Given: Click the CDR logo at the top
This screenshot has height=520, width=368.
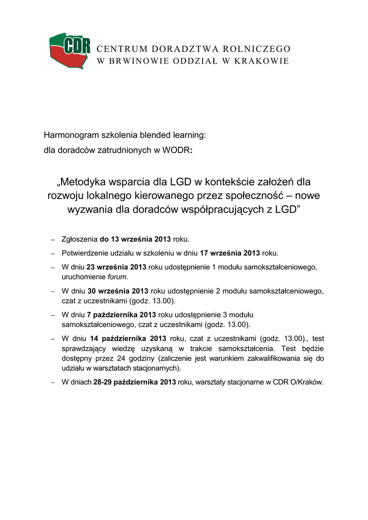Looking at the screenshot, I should click(x=70, y=51).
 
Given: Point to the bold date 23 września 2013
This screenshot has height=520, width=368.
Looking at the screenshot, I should click(x=117, y=267).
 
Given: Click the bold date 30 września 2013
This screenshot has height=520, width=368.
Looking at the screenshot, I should click(x=118, y=291).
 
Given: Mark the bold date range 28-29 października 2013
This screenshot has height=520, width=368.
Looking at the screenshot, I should click(x=135, y=382).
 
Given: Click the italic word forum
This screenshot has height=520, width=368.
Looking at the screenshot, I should click(x=117, y=277).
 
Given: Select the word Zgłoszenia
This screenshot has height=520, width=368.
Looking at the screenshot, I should click(x=79, y=239).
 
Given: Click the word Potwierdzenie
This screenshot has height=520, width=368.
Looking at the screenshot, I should click(x=85, y=253).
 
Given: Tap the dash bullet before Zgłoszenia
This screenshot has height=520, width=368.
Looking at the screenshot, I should click(x=53, y=239).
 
